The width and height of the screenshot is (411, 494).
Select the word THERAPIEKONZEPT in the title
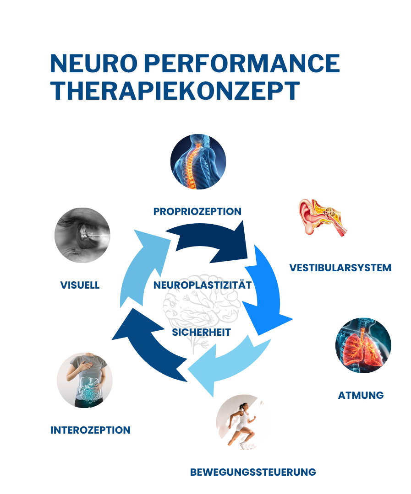[175, 90]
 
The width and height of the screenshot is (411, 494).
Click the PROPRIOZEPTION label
[197, 211]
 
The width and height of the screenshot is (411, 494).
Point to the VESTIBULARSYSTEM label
[340, 268]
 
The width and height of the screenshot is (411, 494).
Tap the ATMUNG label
[361, 395]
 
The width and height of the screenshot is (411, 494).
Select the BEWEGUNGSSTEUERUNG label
[253, 472]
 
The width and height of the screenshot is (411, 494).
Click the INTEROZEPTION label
[90, 430]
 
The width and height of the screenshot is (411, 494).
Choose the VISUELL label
[80, 285]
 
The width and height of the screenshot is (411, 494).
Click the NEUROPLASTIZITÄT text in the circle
[203, 285]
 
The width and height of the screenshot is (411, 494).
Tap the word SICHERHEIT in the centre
[201, 332]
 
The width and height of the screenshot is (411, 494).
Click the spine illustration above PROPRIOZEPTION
[198, 161]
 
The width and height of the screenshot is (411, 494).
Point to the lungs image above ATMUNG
[363, 346]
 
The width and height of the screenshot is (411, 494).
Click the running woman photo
[242, 422]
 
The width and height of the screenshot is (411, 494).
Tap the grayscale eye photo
[82, 235]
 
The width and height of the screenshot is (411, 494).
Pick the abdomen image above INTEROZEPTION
[84, 380]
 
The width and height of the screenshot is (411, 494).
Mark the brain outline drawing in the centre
[202, 311]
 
